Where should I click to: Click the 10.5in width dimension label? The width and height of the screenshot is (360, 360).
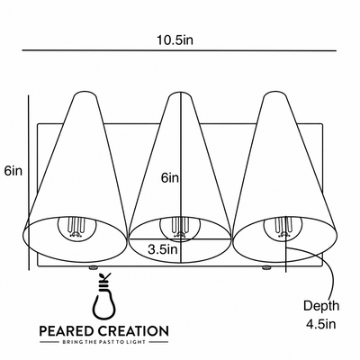(x=175, y=40)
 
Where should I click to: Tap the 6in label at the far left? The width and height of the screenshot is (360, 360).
(x=13, y=171)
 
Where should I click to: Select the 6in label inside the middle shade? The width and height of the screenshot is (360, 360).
(x=170, y=178)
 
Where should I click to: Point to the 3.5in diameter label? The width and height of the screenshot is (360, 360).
(x=163, y=249)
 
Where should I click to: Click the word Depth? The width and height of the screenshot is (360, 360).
(x=321, y=306)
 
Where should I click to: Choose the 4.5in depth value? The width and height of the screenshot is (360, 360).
(x=320, y=324)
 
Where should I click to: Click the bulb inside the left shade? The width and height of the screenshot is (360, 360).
(x=75, y=228)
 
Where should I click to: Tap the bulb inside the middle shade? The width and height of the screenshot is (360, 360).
(x=178, y=229)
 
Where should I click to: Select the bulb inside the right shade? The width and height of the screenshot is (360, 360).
(x=282, y=228)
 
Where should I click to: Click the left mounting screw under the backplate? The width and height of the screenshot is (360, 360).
(x=93, y=267)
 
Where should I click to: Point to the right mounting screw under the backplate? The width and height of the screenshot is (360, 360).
(x=265, y=267)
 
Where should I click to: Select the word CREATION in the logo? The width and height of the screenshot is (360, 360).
(x=133, y=331)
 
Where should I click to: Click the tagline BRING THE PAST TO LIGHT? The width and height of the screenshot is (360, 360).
(x=103, y=342)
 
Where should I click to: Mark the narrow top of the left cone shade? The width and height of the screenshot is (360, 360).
(x=85, y=94)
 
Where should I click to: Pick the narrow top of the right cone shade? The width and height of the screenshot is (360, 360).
(x=274, y=94)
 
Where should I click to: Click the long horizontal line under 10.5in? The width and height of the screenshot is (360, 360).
(x=179, y=50)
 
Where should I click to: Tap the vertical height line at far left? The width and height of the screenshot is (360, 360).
(x=29, y=183)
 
